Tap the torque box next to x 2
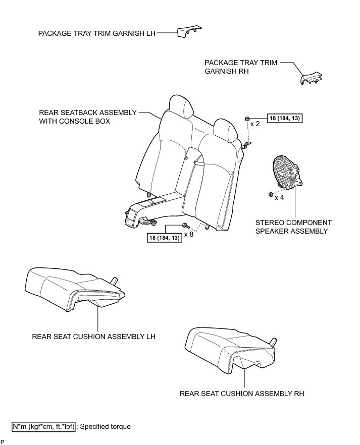[286, 119]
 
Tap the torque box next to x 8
[164, 237]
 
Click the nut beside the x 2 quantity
[246, 119]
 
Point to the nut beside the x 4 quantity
[270, 194]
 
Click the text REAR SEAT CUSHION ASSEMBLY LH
[93, 337]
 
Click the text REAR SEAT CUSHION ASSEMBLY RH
[242, 393]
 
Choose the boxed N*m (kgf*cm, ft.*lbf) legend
[44, 426]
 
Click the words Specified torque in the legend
[106, 426]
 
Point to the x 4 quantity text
[279, 197]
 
